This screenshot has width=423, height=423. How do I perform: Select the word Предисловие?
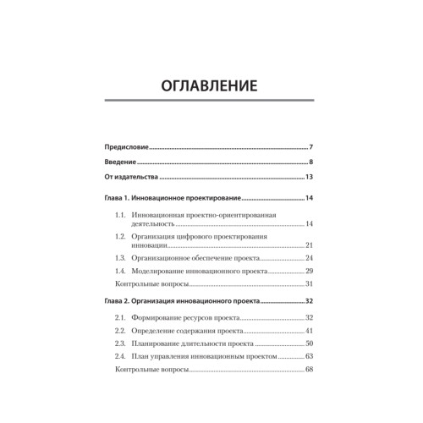tap(124, 147)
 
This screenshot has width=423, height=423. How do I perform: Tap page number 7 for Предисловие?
tap(312, 147)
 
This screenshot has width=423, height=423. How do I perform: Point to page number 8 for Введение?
tap(312, 162)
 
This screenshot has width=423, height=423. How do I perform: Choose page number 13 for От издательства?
tap(310, 178)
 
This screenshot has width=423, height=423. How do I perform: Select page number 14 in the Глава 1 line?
tap(310, 198)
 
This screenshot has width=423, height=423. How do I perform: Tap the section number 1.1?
tap(121, 216)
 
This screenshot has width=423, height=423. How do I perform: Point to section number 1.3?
tap(121, 258)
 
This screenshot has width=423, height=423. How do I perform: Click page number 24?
tap(310, 258)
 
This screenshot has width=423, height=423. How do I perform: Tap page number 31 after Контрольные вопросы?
tap(310, 283)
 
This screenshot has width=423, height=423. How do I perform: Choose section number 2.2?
tap(121, 331)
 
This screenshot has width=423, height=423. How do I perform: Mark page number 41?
tap(310, 331)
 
